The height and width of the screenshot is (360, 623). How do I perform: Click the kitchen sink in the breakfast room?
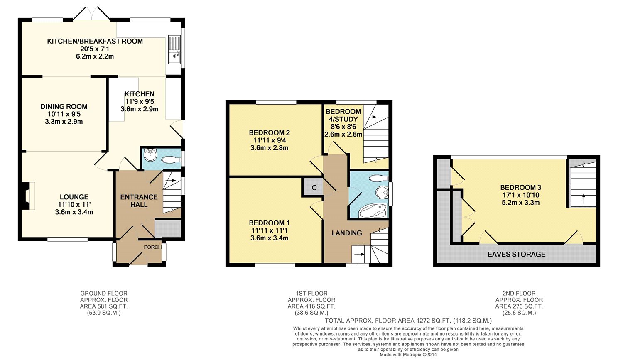point(175,50)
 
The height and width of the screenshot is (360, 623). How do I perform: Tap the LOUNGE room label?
point(74,197)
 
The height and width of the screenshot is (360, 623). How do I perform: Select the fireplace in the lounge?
point(28,196)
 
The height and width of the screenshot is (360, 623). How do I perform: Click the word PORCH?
point(153,247)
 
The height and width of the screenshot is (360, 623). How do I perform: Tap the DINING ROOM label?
point(64,106)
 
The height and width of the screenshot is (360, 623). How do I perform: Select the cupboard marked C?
point(314,187)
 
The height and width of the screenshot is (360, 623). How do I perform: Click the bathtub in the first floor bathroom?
point(373,211)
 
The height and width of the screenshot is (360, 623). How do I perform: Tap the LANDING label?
point(347,233)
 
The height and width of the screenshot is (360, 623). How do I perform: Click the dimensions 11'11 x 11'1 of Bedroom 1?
point(269,230)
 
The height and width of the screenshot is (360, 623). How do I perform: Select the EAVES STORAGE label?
point(517,254)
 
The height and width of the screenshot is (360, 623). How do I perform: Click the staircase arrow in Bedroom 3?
point(584,198)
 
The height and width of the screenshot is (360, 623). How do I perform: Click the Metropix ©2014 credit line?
point(408,355)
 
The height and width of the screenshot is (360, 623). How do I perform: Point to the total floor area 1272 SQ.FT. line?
point(408,321)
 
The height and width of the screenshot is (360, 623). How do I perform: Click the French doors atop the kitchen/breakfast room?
point(91,14)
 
